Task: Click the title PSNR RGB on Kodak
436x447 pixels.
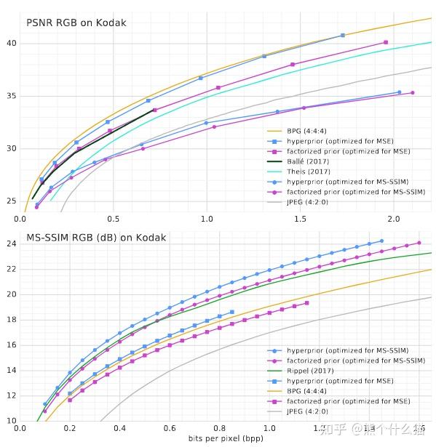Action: coord(76,23)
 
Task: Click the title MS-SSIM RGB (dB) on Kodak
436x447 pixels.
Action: coord(96,238)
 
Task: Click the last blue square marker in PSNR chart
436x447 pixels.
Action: coord(343,35)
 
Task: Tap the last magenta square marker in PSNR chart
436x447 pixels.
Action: coord(386,42)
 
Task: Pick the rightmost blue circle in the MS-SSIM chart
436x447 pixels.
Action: coord(381,241)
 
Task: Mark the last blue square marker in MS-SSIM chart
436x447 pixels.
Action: coord(232,312)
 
